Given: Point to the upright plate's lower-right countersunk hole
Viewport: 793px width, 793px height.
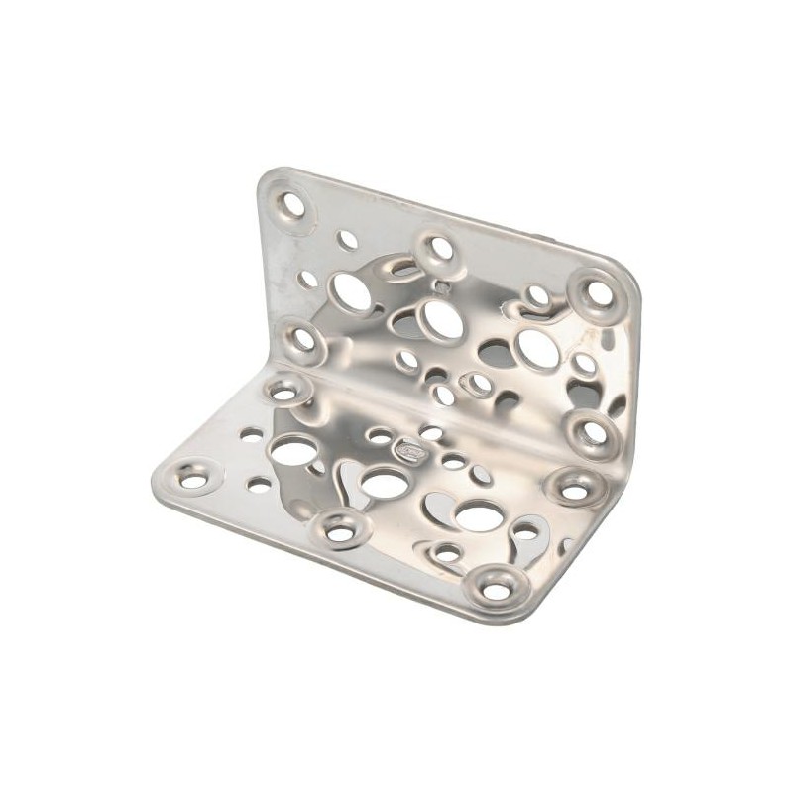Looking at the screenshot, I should (589, 432).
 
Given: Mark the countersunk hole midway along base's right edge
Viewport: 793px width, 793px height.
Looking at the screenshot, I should (574, 488).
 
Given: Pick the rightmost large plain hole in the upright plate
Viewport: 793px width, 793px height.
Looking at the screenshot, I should (535, 349).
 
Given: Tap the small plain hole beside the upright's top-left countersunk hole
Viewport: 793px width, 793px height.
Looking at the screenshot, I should (346, 239).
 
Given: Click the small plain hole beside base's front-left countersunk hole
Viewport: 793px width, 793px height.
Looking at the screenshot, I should (257, 485).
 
